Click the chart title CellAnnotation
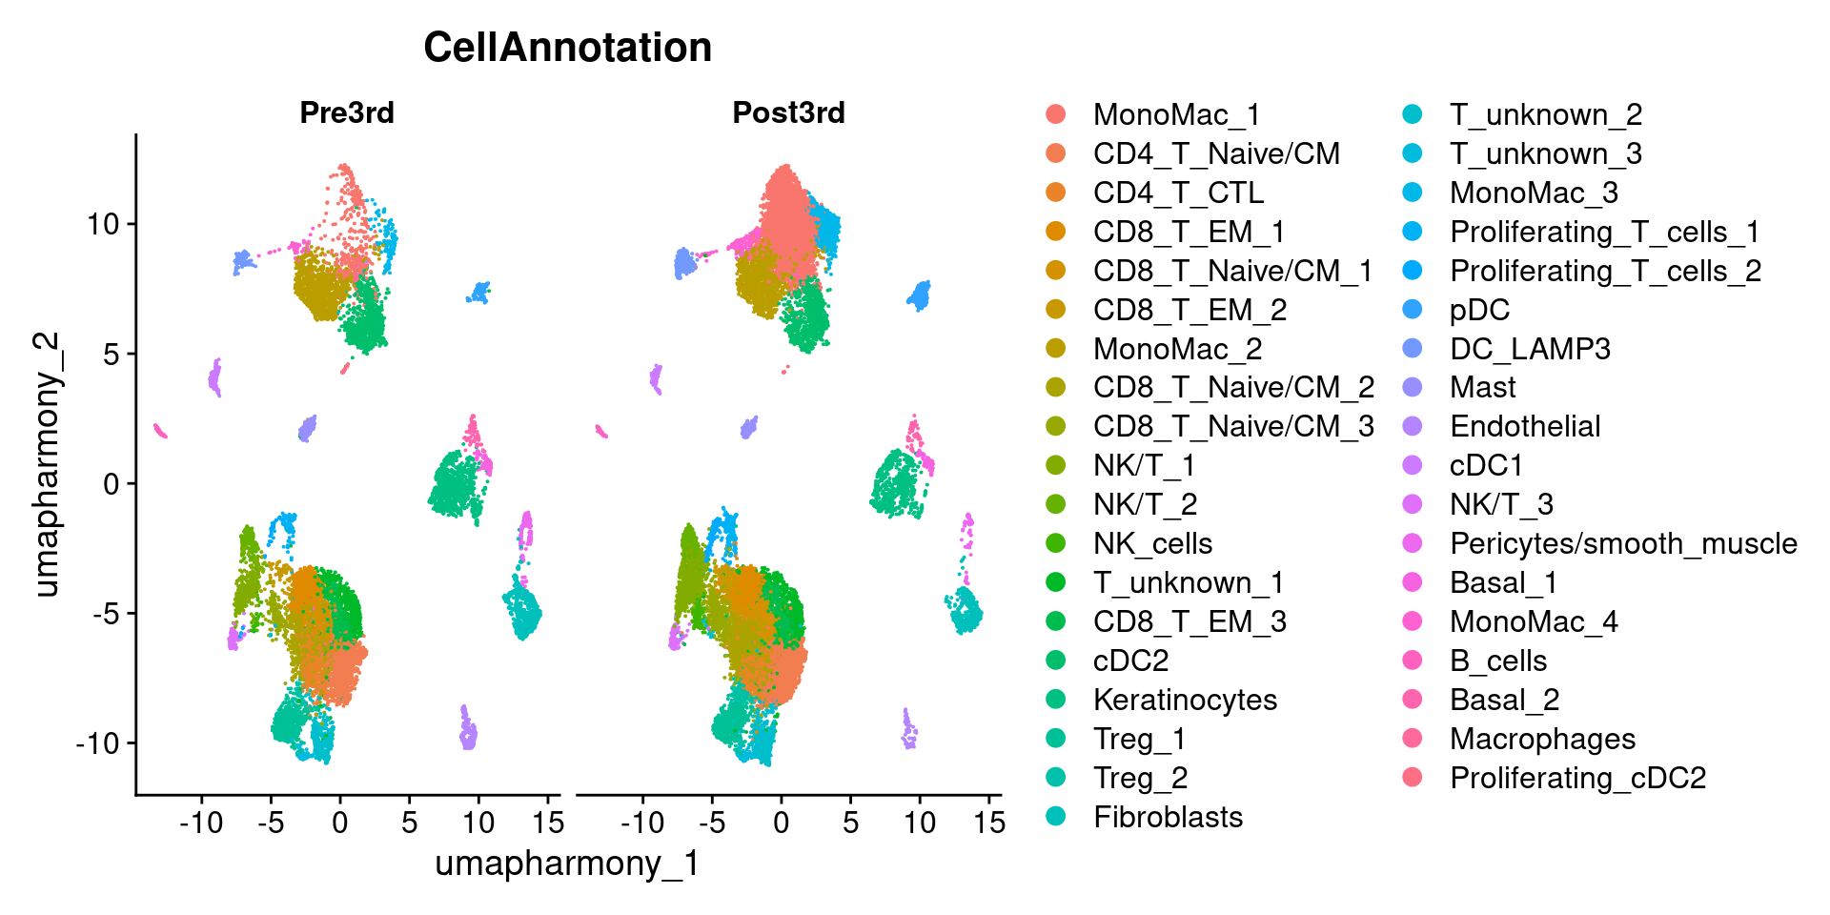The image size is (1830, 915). [x=567, y=48]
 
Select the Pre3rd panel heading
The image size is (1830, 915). [x=347, y=112]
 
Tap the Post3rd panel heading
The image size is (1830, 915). [x=788, y=112]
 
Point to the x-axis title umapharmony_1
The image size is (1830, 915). [x=567, y=864]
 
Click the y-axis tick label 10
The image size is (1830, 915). [x=103, y=225]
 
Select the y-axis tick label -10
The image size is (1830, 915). [x=97, y=743]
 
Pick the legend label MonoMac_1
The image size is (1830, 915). [x=1176, y=115]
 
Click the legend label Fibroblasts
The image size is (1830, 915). [x=1168, y=817]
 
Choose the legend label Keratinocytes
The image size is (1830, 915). [x=1185, y=700]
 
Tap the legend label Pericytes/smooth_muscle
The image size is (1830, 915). [x=1623, y=543]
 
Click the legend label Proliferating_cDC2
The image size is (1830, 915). [x=1577, y=778]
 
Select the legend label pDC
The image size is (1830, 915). [x=1479, y=310]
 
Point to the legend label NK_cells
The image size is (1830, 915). [x=1152, y=543]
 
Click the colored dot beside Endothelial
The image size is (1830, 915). [x=1413, y=426]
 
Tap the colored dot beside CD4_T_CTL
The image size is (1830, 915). [x=1055, y=193]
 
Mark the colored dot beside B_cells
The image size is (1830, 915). [x=1413, y=661]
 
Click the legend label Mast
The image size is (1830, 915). [x=1482, y=387]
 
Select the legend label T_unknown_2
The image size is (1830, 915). [x=1546, y=115]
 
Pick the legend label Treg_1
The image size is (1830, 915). [x=1139, y=739]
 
